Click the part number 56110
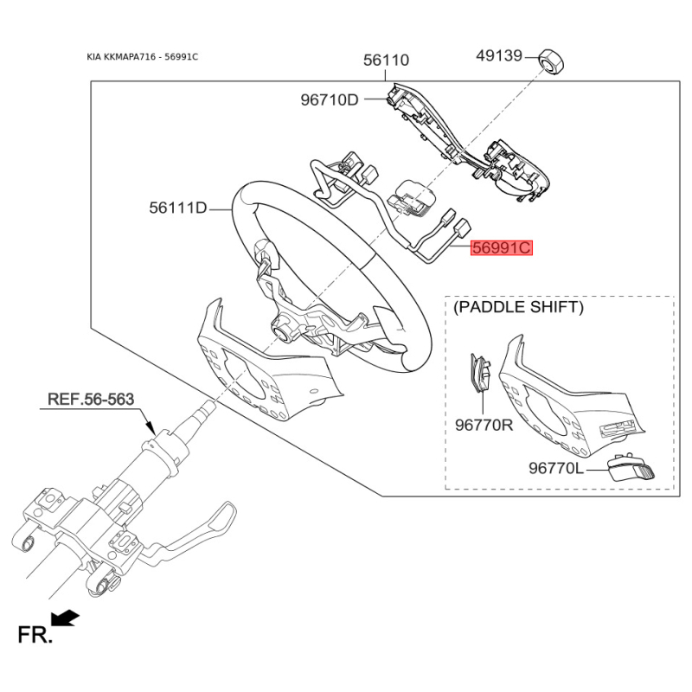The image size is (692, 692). point(386,60)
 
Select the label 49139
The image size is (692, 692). point(499,56)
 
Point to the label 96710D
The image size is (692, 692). point(330,99)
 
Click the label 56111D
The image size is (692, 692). point(178,208)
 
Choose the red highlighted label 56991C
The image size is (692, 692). point(502,248)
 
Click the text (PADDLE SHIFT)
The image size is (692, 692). point(518,307)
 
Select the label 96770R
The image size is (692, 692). point(484,425)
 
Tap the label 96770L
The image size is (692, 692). point(556,468)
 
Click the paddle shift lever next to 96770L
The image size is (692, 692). point(631,469)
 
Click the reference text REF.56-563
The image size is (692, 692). point(91,399)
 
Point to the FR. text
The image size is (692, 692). point(35,635)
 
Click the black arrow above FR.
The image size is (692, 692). point(66,618)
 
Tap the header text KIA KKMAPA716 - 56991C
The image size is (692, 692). point(143,57)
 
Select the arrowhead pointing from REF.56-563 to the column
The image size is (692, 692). point(149,427)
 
